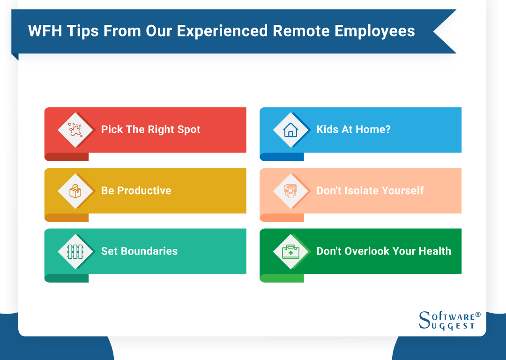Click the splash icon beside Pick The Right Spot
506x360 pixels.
pos(75,130)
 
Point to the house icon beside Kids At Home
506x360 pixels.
pos(290,130)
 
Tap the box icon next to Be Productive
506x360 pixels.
pos(75,191)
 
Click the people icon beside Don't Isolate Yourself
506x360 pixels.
pos(290,191)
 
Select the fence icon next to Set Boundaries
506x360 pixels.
pos(75,251)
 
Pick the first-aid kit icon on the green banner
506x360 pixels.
pos(290,251)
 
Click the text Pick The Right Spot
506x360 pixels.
pos(150,130)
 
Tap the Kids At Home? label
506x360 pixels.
pos(353,130)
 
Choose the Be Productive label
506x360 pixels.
pos(136,191)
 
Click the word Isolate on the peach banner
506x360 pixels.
pos(364,191)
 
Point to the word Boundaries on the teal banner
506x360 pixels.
pos(149,251)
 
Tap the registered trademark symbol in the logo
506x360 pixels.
pos(478,315)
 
